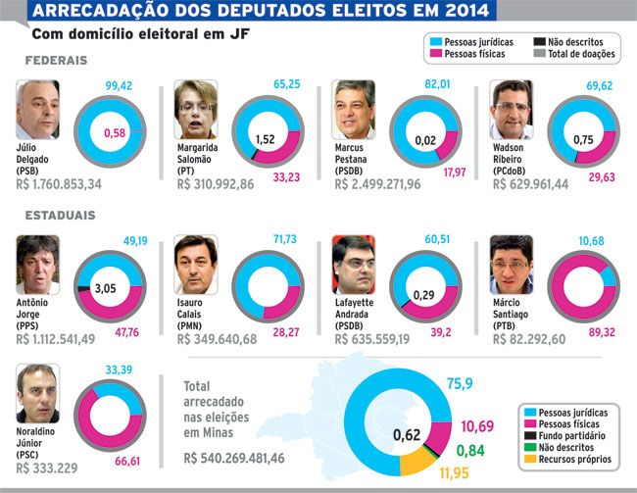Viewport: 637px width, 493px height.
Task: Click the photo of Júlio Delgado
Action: click(38, 110)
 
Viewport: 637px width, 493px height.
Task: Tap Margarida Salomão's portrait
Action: click(196, 110)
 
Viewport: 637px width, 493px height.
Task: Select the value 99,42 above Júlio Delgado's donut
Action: click(119, 85)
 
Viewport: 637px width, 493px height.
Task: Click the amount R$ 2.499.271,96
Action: click(378, 184)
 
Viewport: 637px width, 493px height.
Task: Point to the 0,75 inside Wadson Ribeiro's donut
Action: click(583, 140)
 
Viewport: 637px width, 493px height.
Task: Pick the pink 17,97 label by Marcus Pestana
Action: click(455, 173)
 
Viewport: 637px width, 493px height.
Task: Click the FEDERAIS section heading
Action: click(57, 61)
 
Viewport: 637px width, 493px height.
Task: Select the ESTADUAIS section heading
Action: click(60, 215)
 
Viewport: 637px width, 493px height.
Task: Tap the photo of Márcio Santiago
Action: click(512, 265)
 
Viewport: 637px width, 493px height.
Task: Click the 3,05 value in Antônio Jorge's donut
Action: click(105, 288)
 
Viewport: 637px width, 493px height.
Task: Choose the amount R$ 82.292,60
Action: click(529, 339)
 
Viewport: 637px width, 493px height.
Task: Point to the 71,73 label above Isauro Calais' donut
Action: click(285, 239)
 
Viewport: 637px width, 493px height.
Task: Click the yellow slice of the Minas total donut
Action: click(417, 462)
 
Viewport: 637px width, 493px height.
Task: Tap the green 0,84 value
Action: click(470, 450)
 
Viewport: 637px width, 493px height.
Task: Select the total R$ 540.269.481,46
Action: click(234, 458)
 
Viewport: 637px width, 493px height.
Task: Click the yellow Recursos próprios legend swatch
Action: click(530, 459)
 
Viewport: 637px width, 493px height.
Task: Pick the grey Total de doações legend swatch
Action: click(540, 53)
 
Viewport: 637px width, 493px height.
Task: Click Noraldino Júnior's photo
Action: click(38, 393)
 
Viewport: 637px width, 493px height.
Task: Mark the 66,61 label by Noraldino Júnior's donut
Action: click(127, 462)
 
